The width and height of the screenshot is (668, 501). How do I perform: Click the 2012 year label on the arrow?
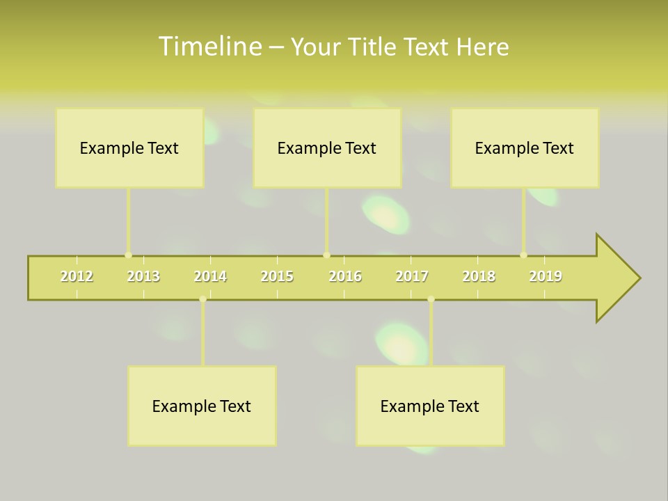pos(77,276)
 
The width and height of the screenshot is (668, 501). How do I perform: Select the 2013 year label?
pos(143,276)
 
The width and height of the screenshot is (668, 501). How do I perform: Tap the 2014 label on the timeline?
pos(210,276)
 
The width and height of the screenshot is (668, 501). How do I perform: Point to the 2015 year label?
pos(277,276)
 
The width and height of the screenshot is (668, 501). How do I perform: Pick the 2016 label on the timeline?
pos(345,276)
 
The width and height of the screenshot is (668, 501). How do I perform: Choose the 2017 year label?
pos(412,276)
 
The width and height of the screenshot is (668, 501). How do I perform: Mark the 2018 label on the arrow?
pos(479,276)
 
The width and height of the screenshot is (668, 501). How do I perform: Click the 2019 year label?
pos(546,276)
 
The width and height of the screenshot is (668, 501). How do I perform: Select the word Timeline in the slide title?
pos(209,47)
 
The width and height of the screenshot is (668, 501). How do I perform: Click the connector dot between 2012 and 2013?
pos(128,255)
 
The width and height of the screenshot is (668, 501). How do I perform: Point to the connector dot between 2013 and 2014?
pos(202,299)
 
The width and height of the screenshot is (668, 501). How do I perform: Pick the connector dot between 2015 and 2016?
pos(326,255)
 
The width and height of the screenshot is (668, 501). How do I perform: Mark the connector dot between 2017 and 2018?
pos(431,299)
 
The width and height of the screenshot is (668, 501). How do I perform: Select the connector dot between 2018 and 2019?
pos(523,255)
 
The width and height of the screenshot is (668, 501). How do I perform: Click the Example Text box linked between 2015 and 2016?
pos(326,148)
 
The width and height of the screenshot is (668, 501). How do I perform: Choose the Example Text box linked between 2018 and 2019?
pos(524,148)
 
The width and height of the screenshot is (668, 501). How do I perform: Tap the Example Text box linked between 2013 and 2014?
pos(202,406)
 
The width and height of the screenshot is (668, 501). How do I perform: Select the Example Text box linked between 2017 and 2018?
pos(429,406)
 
